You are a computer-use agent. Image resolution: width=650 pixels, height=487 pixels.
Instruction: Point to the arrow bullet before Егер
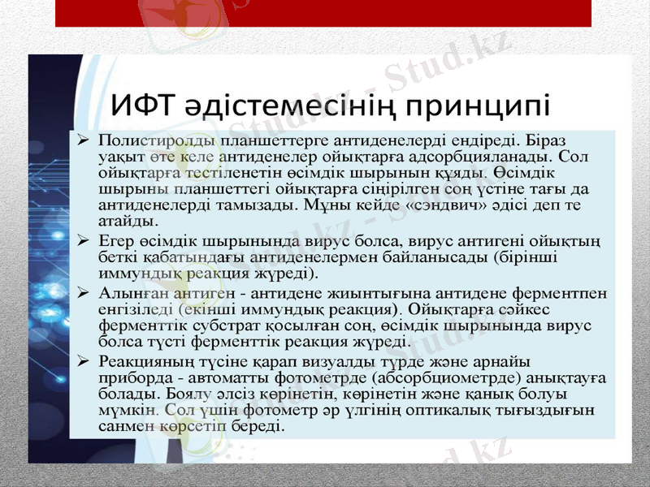pyautogui.click(x=83, y=242)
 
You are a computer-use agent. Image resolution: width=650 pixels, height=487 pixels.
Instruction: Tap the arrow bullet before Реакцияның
pyautogui.click(x=83, y=358)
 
